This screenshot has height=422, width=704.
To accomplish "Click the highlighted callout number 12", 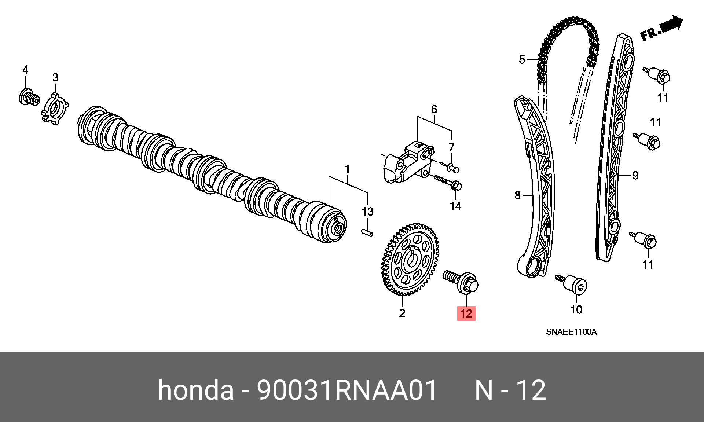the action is pos(466,313).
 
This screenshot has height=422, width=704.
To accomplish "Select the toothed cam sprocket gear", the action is pos(410,259).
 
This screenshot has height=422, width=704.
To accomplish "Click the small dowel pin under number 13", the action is pos(367,232).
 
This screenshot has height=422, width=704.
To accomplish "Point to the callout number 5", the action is pos(522,59).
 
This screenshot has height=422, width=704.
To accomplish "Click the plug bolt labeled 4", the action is pos(29,97).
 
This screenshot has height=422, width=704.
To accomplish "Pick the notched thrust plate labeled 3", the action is pos(55,109).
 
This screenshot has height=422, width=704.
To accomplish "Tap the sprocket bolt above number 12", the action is pos(461,282).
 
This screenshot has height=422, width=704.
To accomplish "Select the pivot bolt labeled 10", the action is pos(571,284).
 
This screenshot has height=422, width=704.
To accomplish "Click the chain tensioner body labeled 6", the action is pos(407,162).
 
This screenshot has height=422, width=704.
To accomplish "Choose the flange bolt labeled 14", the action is pos(448,183).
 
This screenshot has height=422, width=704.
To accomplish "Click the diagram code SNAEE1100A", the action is pos(571,332).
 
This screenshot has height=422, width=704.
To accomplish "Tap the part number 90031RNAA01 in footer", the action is pos(346,389).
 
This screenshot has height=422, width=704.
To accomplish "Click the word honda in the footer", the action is pos(195,389).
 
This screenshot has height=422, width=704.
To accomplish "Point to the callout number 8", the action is pos(517,195).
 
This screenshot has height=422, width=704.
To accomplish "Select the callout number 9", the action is pos(635,175).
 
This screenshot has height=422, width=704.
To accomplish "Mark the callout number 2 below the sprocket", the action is pos(402,313).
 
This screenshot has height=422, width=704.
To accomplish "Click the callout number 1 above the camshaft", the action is pos(347,169).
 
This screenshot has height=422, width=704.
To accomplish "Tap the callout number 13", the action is pos(367,212).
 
